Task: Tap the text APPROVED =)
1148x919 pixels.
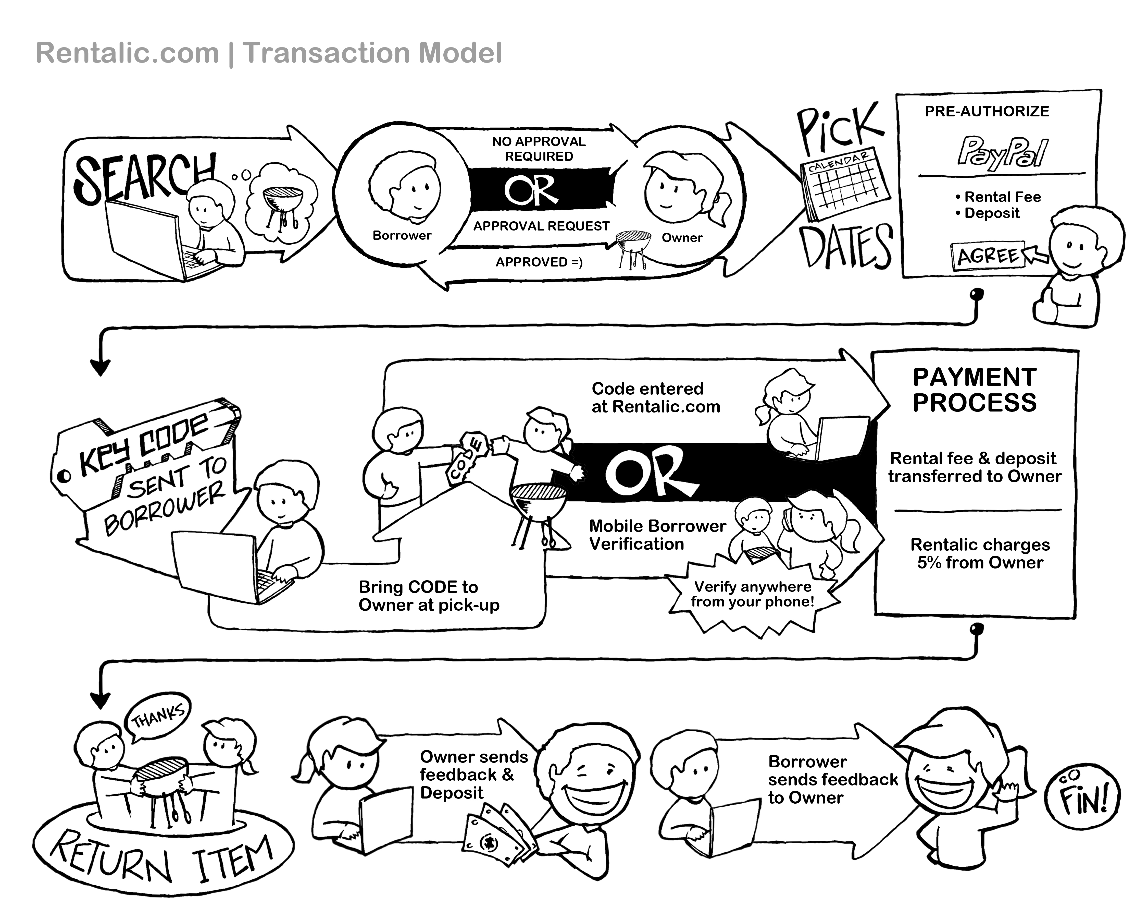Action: click(x=539, y=262)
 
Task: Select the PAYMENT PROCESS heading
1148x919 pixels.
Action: click(x=975, y=390)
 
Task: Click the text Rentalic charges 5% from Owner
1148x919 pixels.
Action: click(x=980, y=553)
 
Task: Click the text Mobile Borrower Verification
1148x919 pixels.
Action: click(x=657, y=535)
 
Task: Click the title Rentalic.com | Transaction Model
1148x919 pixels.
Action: click(x=269, y=53)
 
